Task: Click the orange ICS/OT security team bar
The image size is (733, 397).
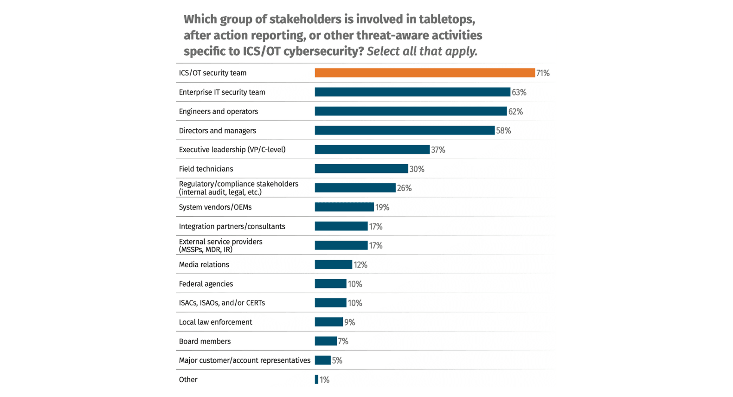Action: (424, 73)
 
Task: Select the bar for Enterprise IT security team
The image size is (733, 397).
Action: (412, 92)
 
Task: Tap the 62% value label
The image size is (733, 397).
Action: (515, 112)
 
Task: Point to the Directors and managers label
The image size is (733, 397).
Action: (217, 131)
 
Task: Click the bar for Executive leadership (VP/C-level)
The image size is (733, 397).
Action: (372, 150)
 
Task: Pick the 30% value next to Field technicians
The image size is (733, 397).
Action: (417, 169)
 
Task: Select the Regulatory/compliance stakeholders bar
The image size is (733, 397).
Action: (355, 188)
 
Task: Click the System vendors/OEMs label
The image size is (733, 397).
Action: (215, 207)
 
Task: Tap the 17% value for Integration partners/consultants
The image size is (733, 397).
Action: (376, 227)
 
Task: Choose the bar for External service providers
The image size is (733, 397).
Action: (341, 245)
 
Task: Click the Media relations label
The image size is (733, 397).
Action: (204, 265)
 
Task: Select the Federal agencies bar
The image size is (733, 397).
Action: (330, 284)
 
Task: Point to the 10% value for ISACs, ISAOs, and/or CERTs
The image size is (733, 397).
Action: (355, 303)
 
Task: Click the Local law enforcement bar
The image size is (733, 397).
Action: (328, 322)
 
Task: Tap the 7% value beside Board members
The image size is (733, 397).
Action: (343, 341)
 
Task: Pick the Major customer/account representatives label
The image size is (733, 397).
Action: (244, 360)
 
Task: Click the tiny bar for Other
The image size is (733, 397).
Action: (316, 379)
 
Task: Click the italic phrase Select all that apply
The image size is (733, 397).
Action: (422, 51)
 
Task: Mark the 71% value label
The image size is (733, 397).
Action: (543, 73)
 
